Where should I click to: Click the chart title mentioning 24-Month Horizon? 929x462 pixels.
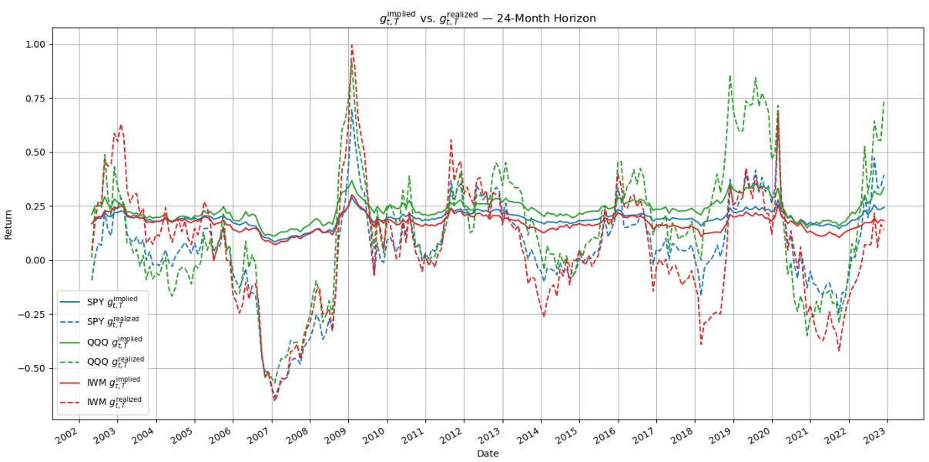point(488,17)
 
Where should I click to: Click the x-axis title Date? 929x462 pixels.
point(488,454)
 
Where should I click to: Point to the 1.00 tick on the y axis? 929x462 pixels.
point(35,45)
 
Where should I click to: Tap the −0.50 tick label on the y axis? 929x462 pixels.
point(32,368)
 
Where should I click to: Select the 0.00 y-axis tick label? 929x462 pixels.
point(35,260)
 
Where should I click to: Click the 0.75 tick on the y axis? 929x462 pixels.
point(35,99)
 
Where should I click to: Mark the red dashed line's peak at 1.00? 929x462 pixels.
point(351,45)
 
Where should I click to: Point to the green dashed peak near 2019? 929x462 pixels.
point(729,76)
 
